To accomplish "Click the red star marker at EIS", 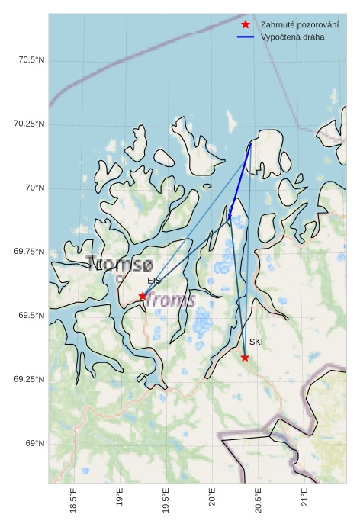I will pyautogui.click(x=143, y=296).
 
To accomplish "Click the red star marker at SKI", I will pyautogui.click(x=245, y=357).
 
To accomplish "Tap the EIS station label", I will pyautogui.click(x=154, y=281).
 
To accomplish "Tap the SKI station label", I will pyautogui.click(x=256, y=342).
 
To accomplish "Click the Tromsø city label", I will pyautogui.click(x=120, y=265).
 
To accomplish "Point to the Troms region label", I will pyautogui.click(x=170, y=300).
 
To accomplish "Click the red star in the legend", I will pyautogui.click(x=245, y=25).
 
